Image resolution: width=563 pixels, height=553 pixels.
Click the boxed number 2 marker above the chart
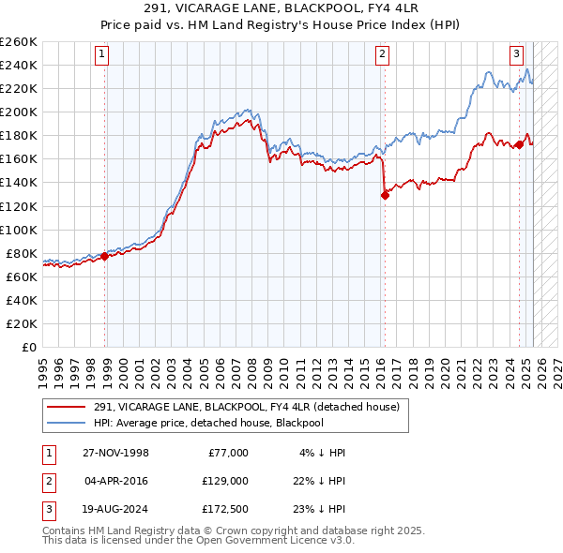383,54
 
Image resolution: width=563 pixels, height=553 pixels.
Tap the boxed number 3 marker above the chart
517,54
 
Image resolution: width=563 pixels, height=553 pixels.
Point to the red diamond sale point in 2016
385,195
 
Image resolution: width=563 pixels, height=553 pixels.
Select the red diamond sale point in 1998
104,256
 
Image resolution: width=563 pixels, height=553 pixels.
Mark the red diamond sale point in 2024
519,144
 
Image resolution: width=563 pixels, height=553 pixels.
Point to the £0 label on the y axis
29,347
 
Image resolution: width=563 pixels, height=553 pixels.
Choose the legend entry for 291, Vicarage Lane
246,407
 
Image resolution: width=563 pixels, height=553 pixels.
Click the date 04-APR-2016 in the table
116,480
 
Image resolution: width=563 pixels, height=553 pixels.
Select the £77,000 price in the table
228,453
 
